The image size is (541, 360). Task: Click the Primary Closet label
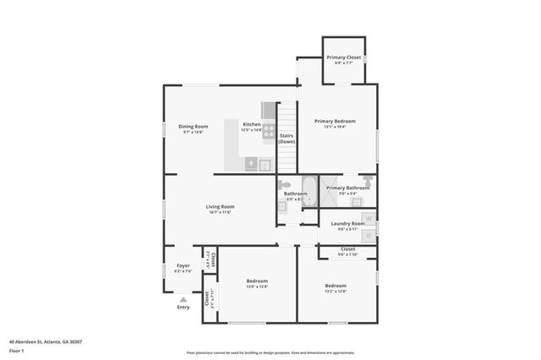tap(344, 57)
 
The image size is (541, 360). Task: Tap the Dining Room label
tap(193, 126)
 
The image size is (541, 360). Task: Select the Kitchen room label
tap(252, 124)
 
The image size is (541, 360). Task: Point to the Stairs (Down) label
tap(287, 138)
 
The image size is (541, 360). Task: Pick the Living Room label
tap(220, 206)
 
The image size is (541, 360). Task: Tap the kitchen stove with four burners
tap(268, 132)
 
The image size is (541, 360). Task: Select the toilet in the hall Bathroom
tap(285, 184)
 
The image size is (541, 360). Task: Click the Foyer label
tap(183, 265)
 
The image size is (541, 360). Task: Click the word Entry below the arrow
tap(183, 307)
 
